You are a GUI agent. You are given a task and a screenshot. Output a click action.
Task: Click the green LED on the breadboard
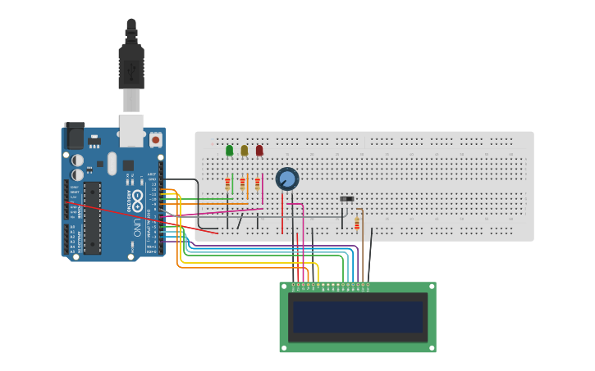point(229,150)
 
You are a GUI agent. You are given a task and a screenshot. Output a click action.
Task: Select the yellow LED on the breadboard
point(244,150)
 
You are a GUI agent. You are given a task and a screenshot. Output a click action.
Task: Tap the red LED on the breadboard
point(259,150)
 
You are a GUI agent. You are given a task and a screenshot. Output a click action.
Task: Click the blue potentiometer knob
point(287,179)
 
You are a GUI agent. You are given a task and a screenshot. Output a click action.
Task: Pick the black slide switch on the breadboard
point(347,199)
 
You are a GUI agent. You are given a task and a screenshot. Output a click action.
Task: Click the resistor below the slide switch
point(356,224)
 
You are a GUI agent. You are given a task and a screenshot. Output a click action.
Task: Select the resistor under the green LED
point(227,184)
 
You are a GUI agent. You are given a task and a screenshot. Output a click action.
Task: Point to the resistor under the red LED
point(257,184)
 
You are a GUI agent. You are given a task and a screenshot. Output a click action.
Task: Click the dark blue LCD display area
point(358,317)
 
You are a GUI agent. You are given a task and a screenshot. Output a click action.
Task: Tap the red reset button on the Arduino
point(155,140)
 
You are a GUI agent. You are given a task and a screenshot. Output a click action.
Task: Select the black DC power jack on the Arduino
point(75,135)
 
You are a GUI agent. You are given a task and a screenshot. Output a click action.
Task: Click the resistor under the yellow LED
point(242,184)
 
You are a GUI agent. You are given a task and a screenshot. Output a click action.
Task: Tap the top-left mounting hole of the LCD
point(284,287)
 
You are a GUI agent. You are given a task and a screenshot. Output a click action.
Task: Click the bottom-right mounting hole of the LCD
point(432,348)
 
